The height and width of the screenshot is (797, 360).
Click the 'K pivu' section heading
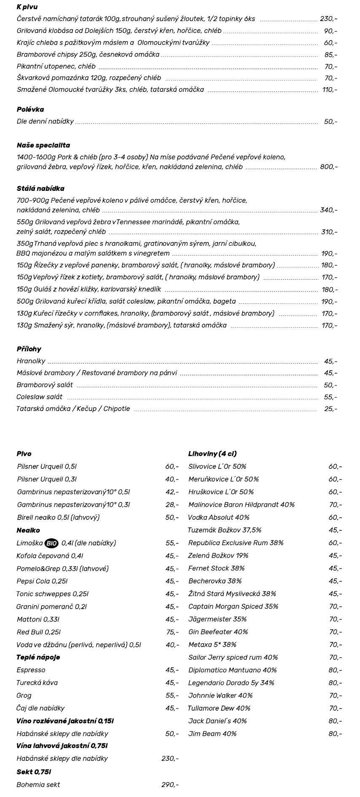click(27, 7)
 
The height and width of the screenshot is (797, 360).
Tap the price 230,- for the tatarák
click(328, 19)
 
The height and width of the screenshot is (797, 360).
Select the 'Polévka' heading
click(30, 110)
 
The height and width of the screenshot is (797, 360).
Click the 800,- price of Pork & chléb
click(329, 167)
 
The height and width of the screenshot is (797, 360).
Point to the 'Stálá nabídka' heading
click(40, 189)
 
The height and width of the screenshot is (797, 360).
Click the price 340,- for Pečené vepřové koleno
click(329, 210)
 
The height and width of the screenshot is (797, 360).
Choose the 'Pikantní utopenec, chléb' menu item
click(56, 67)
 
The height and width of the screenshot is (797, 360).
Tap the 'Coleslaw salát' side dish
click(40, 397)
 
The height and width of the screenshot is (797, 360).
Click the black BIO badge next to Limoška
click(51, 543)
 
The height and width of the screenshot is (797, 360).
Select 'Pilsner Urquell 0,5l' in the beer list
click(47, 467)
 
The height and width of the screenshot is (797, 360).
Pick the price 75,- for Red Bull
click(172, 632)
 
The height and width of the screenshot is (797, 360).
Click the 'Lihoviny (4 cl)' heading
click(212, 454)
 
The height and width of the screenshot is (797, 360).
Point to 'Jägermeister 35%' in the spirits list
click(218, 619)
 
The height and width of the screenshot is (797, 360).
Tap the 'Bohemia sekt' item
click(38, 785)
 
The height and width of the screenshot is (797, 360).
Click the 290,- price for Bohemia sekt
click(170, 785)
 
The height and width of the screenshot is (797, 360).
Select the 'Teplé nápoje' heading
click(38, 658)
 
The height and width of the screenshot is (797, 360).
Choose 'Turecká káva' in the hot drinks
click(37, 683)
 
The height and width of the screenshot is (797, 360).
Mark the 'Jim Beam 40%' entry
click(212, 734)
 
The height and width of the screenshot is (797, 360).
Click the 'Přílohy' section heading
click(29, 349)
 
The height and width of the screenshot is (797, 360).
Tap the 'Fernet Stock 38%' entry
click(216, 568)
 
